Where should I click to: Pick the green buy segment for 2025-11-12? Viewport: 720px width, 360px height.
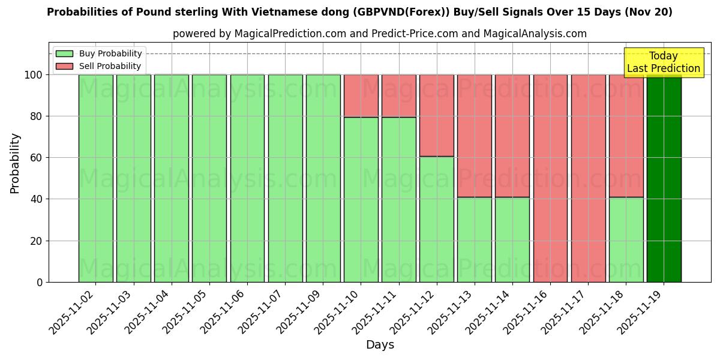coord(437,219)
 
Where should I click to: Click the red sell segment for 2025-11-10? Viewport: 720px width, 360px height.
coord(361,96)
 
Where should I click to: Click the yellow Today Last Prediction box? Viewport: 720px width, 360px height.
coord(663,62)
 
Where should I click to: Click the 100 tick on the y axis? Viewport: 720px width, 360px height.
coord(34,75)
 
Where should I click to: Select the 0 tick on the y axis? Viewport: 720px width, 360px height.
coord(40,282)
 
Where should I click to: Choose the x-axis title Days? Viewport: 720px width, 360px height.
coord(380,345)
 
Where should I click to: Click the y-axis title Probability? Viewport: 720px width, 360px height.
coord(15,163)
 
